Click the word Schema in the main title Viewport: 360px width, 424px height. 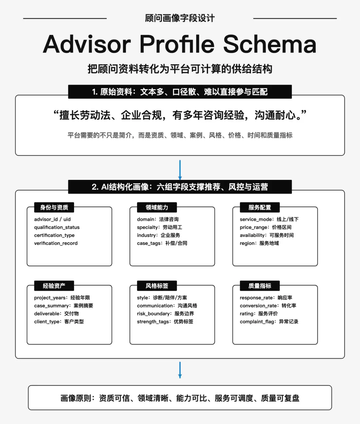click(270, 44)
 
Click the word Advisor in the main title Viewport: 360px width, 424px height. click(87, 44)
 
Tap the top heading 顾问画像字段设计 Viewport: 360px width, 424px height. click(180, 18)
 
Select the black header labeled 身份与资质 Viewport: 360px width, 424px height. click(54, 208)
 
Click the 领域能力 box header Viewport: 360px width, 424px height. click(157, 208)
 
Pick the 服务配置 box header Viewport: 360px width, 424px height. click(260, 208)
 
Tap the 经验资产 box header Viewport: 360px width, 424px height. click(54, 286)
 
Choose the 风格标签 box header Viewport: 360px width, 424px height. click(157, 286)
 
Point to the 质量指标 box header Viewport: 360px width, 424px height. click(260, 286)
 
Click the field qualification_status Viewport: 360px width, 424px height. click(57, 227)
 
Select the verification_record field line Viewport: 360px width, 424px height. click(56, 243)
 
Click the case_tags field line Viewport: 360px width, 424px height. click(162, 243)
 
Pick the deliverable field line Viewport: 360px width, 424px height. click(56, 314)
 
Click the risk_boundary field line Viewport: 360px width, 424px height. click(165, 314)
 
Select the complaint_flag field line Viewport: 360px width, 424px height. click(269, 322)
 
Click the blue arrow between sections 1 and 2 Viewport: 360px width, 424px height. click(180, 170)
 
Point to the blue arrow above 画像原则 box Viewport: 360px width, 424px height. click(180, 370)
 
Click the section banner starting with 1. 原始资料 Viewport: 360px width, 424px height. click(180, 92)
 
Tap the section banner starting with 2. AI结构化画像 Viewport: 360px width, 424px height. click(180, 187)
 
